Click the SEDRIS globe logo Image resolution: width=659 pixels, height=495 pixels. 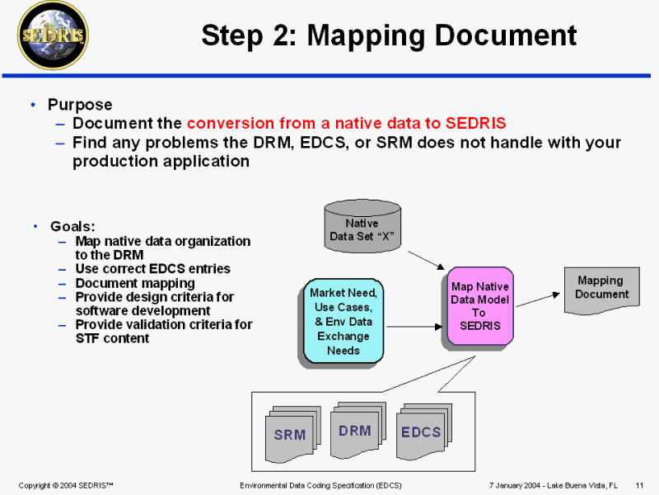point(54,35)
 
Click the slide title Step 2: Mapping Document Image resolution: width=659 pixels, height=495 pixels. point(388,35)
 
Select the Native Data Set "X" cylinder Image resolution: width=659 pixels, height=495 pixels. point(361,224)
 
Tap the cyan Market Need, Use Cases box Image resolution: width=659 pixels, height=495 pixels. point(344,321)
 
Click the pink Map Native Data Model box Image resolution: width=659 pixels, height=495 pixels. point(480,306)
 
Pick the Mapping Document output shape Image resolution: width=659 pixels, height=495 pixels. point(601,289)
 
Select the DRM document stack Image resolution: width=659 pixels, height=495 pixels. point(356,429)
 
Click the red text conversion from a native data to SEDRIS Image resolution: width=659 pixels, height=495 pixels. point(346,124)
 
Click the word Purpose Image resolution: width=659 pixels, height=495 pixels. point(80,105)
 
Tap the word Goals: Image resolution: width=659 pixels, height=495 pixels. point(72,226)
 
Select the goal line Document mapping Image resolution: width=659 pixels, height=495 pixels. point(135,283)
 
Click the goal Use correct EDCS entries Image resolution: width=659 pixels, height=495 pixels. point(152,269)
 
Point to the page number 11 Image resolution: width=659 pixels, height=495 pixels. point(639,484)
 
